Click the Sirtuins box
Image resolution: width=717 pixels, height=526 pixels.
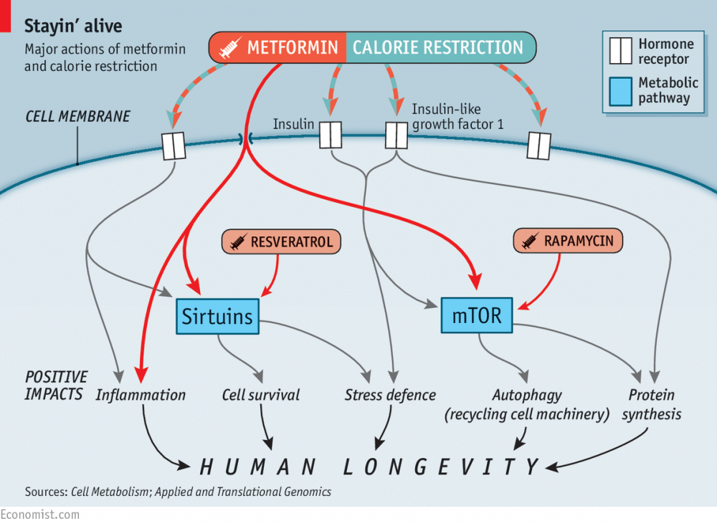[x=218, y=316]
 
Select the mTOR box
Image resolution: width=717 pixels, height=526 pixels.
[x=477, y=315]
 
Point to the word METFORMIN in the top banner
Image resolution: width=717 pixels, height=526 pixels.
[x=293, y=48]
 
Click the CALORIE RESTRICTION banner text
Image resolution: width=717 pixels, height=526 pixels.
[x=438, y=48]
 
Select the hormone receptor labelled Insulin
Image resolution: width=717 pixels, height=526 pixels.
[x=330, y=134]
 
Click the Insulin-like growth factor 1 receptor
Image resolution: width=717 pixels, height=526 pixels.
[x=397, y=134]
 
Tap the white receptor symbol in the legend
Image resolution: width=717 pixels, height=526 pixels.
[x=619, y=52]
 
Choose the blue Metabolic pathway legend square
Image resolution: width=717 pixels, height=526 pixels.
[x=619, y=91]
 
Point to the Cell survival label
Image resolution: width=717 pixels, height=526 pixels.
[x=261, y=395]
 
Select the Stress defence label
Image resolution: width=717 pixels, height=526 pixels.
[x=390, y=395]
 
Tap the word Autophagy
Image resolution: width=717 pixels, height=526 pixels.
[x=527, y=395]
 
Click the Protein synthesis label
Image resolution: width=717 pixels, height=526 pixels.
[x=651, y=404]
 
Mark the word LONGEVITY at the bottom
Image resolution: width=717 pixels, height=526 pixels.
[x=441, y=467]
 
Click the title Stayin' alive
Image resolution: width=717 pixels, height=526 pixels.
[x=73, y=27]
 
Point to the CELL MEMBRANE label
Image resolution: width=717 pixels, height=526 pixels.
[x=77, y=116]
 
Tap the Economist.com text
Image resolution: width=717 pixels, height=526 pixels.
[x=40, y=515]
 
